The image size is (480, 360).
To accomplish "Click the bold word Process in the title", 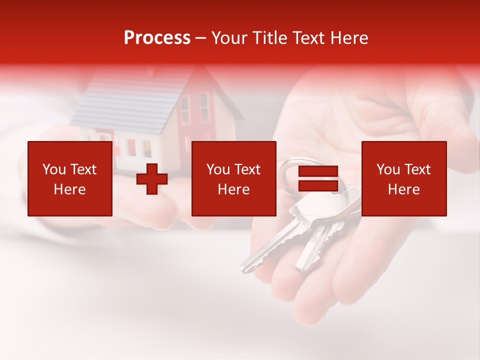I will tap(157, 38).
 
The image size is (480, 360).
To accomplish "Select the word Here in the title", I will tap(348, 38).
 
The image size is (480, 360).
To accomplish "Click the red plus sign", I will tap(152, 179).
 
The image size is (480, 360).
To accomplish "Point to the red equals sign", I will tap(318, 179).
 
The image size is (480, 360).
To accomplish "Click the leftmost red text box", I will tap(69, 178).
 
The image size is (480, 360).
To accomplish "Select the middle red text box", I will tap(233, 178).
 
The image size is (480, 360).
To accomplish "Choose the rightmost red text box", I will tap(403, 178).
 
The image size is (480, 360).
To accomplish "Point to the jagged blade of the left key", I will tap(265, 250).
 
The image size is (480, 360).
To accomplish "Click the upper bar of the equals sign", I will tap(318, 171).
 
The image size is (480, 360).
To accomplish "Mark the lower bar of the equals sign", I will tap(318, 186).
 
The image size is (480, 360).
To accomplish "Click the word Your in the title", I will tap(229, 38).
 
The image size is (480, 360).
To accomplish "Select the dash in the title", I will tap(200, 38).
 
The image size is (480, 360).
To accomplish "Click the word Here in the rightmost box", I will tap(403, 189).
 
